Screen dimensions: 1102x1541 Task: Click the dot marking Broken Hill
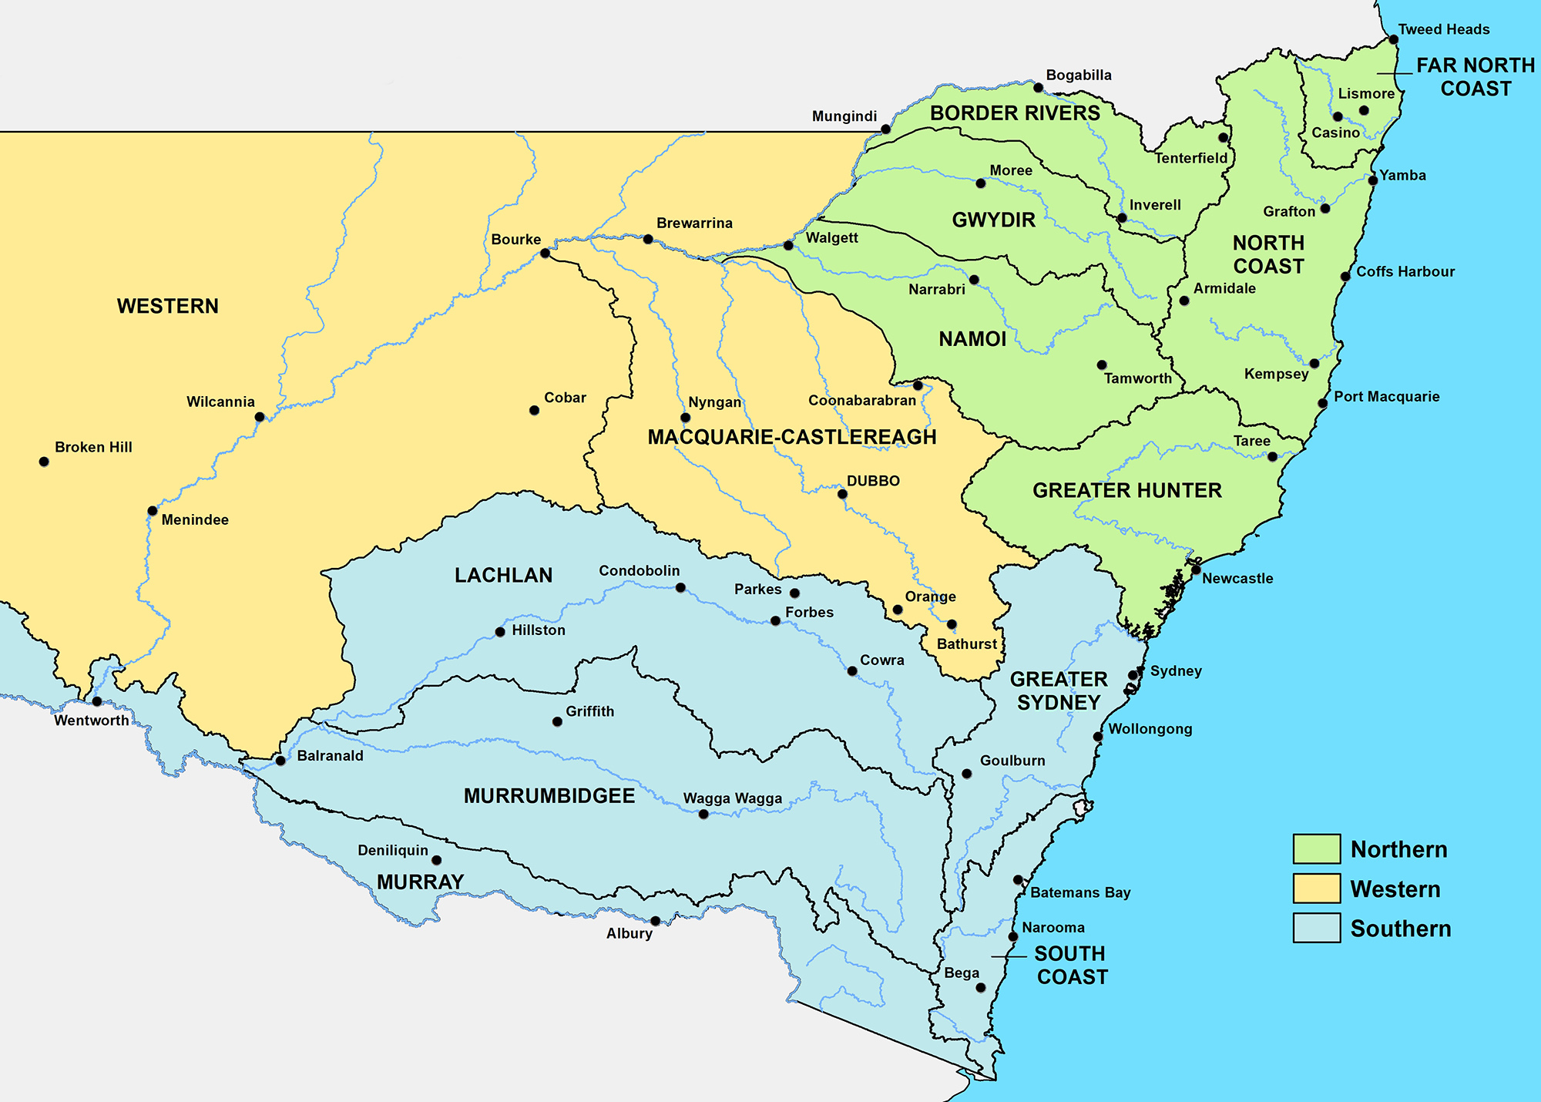click(44, 462)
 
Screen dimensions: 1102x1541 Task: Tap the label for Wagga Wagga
click(732, 798)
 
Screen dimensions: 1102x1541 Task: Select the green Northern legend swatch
click(1317, 848)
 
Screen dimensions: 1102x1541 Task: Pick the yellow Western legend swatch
click(1317, 889)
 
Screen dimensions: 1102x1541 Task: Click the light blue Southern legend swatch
click(1317, 928)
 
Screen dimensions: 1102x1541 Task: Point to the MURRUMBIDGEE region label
click(549, 796)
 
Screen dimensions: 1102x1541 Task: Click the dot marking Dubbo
click(842, 494)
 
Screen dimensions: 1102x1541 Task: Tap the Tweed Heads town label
click(1443, 29)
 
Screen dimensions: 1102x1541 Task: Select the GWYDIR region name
click(993, 220)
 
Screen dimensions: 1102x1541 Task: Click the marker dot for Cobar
click(534, 410)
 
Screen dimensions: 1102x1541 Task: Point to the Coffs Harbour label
click(1405, 271)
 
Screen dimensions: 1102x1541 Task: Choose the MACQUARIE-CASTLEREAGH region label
click(792, 437)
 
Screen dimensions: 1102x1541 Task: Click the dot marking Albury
click(655, 921)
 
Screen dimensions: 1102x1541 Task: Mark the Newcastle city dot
click(1196, 570)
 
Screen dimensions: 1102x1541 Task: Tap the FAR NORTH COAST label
click(1476, 77)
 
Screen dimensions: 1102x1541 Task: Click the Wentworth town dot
click(97, 701)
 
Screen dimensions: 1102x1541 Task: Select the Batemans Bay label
click(1080, 892)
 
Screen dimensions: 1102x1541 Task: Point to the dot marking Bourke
click(545, 253)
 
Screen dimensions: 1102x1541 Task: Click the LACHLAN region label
click(503, 576)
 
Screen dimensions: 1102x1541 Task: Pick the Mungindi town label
click(844, 116)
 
